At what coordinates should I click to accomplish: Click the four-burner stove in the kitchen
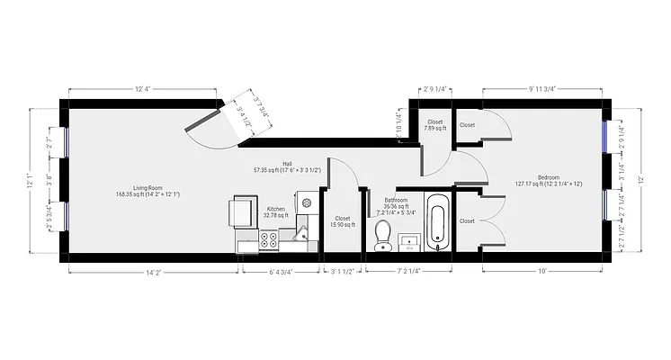268,240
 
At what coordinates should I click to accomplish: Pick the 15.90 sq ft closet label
342,221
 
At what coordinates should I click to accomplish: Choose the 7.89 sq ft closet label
435,125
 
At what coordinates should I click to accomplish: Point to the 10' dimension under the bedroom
541,271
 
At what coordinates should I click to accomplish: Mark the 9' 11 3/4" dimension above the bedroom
541,89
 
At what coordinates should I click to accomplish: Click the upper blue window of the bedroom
609,136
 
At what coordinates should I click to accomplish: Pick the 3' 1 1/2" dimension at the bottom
344,271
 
